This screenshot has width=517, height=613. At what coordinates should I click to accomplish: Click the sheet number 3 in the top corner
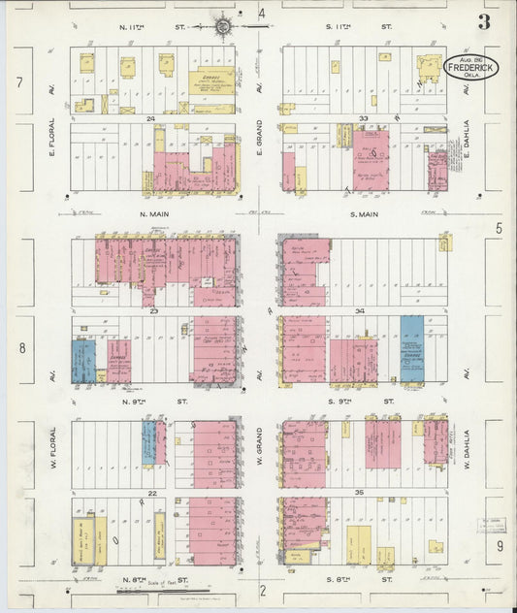483,22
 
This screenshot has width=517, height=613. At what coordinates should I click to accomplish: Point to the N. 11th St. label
136,26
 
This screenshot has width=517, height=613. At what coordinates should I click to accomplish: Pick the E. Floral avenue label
53,138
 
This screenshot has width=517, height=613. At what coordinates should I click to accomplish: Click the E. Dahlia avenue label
466,139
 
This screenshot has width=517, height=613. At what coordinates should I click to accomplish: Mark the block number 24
151,119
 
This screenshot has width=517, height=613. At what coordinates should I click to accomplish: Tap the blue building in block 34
411,347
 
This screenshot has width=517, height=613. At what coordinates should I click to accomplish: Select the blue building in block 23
83,360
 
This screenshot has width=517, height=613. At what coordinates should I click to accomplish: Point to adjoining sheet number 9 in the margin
501,547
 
